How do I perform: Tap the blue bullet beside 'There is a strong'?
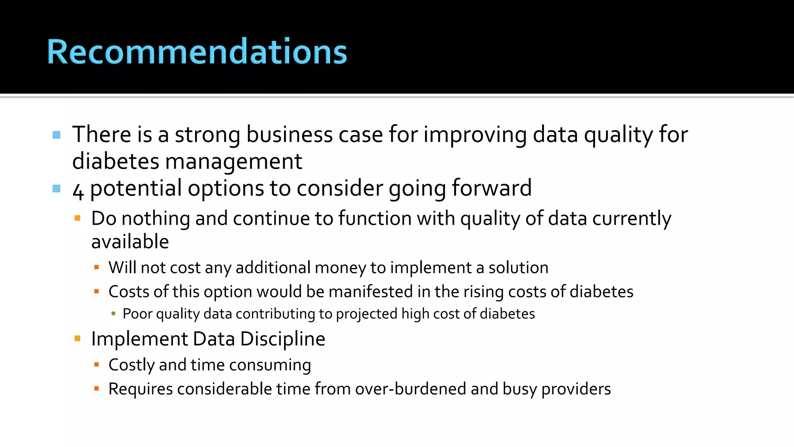(x=57, y=135)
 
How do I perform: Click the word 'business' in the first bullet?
(x=289, y=135)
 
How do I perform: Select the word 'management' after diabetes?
(x=233, y=161)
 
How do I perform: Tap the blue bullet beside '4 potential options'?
(x=57, y=189)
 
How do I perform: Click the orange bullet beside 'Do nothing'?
(x=78, y=218)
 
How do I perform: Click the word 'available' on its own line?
(x=130, y=242)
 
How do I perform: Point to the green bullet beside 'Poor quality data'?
(x=113, y=314)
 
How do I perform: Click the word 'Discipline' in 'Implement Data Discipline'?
(x=283, y=339)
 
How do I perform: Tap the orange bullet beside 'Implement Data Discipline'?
(x=78, y=339)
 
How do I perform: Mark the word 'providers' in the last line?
(x=576, y=389)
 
